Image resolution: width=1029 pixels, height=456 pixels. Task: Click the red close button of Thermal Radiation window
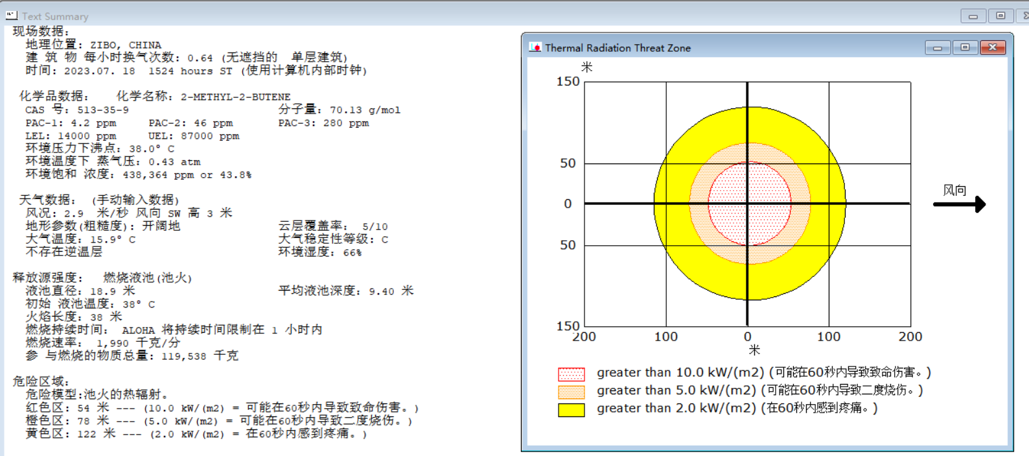click(993, 47)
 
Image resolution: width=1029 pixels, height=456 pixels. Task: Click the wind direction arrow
click(959, 204)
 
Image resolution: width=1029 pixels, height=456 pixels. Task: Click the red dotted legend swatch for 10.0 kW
click(571, 374)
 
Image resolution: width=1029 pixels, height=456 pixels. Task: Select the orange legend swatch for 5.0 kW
click(571, 392)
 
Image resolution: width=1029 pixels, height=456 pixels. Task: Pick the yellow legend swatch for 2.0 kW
click(571, 409)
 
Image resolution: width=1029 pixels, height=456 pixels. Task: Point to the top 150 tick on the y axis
click(568, 81)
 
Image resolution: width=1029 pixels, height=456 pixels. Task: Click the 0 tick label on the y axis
click(568, 204)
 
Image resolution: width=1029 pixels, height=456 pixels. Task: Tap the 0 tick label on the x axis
click(747, 337)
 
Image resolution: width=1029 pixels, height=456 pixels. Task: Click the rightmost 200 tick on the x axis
click(910, 337)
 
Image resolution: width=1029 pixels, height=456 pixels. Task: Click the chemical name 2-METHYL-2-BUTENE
click(235, 97)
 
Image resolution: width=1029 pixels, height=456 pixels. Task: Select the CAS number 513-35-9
click(103, 110)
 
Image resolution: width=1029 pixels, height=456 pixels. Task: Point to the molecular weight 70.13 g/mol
click(365, 110)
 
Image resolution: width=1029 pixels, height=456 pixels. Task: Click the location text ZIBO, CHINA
click(126, 45)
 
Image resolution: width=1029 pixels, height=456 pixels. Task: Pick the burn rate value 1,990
click(113, 343)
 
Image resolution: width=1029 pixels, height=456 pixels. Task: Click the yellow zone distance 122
click(86, 434)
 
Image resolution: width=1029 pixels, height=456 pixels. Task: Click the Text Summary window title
click(55, 17)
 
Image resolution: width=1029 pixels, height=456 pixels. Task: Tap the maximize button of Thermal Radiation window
click(965, 47)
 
